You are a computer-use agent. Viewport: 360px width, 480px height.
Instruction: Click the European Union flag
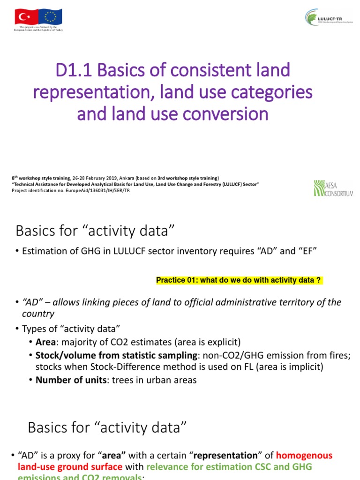pyautogui.click(x=50, y=18)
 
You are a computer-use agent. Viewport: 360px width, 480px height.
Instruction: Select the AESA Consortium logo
pyautogui.click(x=333, y=188)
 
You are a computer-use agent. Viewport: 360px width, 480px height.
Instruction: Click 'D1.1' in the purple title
pyautogui.click(x=74, y=71)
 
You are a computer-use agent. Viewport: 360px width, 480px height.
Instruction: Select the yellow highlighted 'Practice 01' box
pyautogui.click(x=239, y=280)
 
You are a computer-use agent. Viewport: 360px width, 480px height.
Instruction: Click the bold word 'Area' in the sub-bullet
pyautogui.click(x=45, y=342)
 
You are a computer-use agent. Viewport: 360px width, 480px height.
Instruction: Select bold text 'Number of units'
pyautogui.click(x=71, y=380)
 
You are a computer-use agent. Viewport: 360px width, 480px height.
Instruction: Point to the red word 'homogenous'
pyautogui.click(x=304, y=455)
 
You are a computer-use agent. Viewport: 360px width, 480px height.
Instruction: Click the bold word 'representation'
pyautogui.click(x=226, y=455)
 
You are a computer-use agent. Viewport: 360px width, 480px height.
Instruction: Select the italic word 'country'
pyautogui.click(x=38, y=314)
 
